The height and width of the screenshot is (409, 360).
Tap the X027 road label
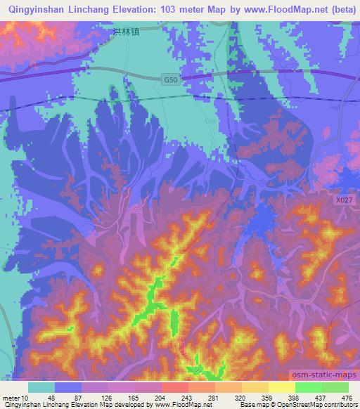pyautogui.click(x=342, y=200)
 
